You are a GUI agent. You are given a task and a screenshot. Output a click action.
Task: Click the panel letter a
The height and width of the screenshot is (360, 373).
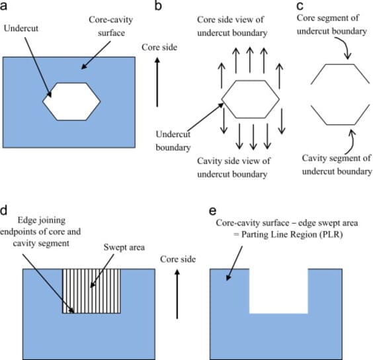(3, 6)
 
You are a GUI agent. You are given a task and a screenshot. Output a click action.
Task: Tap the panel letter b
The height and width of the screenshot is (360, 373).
(158, 5)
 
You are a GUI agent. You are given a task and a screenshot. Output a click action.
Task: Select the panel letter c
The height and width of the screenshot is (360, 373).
(300, 6)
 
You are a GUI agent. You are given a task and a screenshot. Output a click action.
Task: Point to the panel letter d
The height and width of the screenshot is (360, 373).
(3, 210)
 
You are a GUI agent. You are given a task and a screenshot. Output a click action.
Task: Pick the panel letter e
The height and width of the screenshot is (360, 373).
(213, 211)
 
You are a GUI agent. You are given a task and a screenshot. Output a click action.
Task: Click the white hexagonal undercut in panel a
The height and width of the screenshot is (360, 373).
(71, 102)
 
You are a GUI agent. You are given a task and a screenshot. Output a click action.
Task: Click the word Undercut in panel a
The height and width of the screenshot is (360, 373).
(21, 28)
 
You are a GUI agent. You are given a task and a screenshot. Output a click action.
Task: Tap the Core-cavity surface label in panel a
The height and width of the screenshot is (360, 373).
(111, 26)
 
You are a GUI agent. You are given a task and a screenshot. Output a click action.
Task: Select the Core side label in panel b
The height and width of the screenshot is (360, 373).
(159, 48)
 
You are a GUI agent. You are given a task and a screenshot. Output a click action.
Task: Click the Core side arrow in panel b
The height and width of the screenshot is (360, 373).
(157, 83)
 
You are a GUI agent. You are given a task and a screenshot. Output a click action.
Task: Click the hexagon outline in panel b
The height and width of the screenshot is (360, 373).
(222, 99)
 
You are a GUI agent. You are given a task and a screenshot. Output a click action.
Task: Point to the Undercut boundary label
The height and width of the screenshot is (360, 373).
(173, 141)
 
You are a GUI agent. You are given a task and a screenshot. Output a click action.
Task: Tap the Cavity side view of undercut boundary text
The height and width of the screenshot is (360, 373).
(233, 167)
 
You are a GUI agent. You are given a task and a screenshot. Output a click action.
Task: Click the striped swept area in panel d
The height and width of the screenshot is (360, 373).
(91, 291)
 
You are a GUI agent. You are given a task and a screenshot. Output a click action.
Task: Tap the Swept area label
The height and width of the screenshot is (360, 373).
(124, 247)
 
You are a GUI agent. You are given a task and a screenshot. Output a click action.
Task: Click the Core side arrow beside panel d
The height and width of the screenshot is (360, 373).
(177, 294)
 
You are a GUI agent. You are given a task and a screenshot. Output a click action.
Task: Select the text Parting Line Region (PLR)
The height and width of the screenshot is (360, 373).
(292, 235)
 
